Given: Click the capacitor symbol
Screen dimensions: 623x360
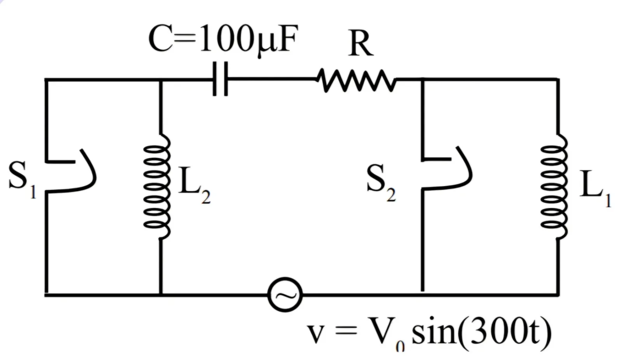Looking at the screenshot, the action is coord(220,79).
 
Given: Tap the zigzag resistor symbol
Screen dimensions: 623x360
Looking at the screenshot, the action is coord(356,80).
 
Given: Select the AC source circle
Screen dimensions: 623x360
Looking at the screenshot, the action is coord(285,295).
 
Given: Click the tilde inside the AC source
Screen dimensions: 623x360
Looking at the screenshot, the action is coord(285,295).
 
